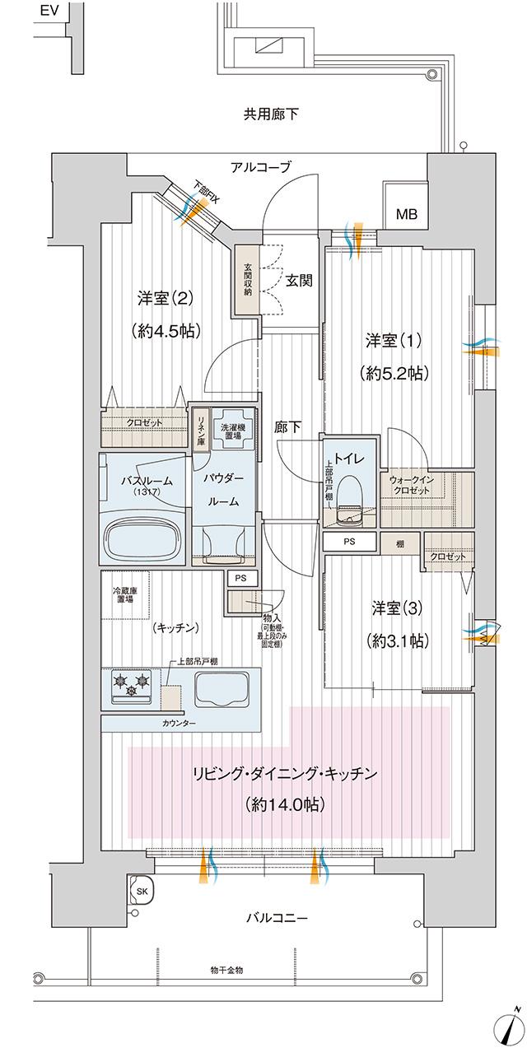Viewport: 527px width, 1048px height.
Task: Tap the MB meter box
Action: point(407,215)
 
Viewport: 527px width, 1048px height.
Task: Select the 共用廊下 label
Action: point(271,114)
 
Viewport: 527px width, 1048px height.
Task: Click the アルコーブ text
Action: point(260,167)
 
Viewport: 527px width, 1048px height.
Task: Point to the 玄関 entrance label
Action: point(298,280)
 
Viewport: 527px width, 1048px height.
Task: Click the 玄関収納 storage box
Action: point(246,280)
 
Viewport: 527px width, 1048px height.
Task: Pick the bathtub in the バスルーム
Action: point(142,540)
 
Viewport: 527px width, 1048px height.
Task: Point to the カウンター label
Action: point(179,723)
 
